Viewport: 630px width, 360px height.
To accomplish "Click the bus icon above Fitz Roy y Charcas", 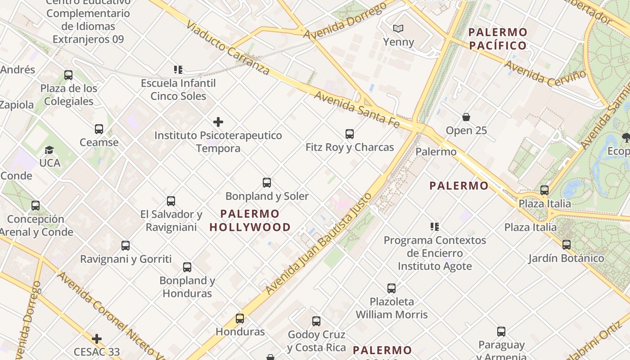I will (349, 134).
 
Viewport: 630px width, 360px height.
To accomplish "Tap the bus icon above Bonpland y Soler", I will (267, 183).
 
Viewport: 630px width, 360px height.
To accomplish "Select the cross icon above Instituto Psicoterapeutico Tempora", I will (218, 122).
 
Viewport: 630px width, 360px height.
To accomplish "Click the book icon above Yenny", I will (398, 29).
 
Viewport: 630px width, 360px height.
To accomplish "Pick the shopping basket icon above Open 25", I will (466, 117).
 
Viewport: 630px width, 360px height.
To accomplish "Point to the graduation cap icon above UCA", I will (49, 150).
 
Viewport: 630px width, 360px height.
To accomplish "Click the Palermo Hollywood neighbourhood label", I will (250, 220).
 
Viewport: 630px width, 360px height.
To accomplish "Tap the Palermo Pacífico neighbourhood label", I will (498, 39).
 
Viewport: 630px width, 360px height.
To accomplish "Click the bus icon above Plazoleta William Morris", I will (391, 288).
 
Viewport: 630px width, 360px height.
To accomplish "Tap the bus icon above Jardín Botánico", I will (566, 245).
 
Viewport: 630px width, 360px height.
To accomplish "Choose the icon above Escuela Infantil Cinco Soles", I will (178, 70).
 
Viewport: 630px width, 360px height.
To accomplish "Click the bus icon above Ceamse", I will (99, 129).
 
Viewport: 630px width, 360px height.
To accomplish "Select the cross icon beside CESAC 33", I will (96, 339).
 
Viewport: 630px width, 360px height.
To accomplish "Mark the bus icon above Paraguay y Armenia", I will (501, 332).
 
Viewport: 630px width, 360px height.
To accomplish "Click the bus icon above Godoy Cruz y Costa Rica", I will (316, 321).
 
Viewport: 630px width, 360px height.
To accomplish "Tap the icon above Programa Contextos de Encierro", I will (434, 227).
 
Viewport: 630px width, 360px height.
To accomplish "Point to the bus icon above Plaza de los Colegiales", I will (68, 75).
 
